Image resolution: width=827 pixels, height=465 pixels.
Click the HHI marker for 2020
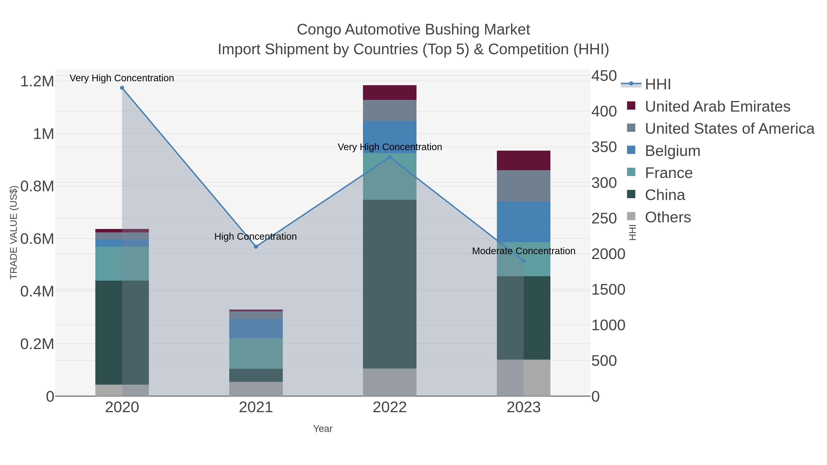point(122,88)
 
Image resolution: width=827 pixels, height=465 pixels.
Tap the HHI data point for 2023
point(524,261)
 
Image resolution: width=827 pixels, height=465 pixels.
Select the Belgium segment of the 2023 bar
point(524,222)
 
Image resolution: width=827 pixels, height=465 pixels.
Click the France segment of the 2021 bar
point(256,353)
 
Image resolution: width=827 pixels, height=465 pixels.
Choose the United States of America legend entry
point(729,129)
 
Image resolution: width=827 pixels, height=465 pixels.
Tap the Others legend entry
point(668,217)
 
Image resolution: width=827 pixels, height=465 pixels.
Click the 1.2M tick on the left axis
point(37,81)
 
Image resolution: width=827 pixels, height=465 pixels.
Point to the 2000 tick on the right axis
point(608,254)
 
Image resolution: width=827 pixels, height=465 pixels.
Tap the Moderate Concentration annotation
point(524,251)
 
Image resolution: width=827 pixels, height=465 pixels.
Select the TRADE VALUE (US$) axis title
point(14,232)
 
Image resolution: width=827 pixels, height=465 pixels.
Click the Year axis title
point(323,429)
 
